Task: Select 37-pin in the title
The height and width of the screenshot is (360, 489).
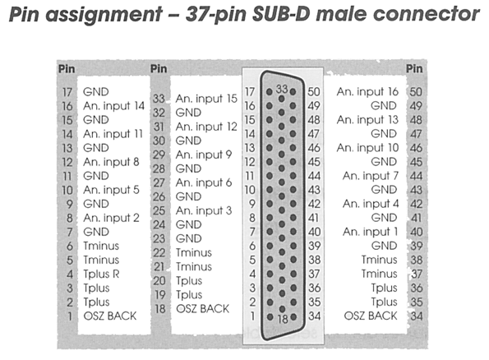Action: pos(216,15)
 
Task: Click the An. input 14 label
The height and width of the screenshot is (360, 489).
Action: pos(114,106)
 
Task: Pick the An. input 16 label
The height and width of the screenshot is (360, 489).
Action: pos(367,92)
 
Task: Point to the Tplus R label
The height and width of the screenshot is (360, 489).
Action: pos(101,275)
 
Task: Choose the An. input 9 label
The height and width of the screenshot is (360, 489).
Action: pos(204,155)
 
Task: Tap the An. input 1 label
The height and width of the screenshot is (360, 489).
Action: pos(370,232)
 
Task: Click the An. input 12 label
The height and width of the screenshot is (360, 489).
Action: pos(206,127)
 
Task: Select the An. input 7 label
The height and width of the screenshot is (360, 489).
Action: pos(371,176)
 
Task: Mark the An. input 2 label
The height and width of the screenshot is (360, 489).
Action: pos(111,218)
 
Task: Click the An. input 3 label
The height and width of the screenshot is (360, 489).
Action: pos(204,211)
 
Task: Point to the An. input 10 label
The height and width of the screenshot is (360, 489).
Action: pos(367,148)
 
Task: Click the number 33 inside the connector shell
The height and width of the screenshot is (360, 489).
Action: pos(282,89)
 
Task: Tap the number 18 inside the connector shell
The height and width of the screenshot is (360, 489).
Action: pos(283,319)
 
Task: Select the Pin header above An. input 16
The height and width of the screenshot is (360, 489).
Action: pos(414,69)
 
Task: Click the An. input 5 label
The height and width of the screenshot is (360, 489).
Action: pos(111,190)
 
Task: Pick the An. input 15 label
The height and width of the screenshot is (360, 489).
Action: pos(206,99)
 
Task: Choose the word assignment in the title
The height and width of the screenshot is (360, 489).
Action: pos(104,15)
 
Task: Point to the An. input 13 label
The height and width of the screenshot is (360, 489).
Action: pos(367,120)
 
